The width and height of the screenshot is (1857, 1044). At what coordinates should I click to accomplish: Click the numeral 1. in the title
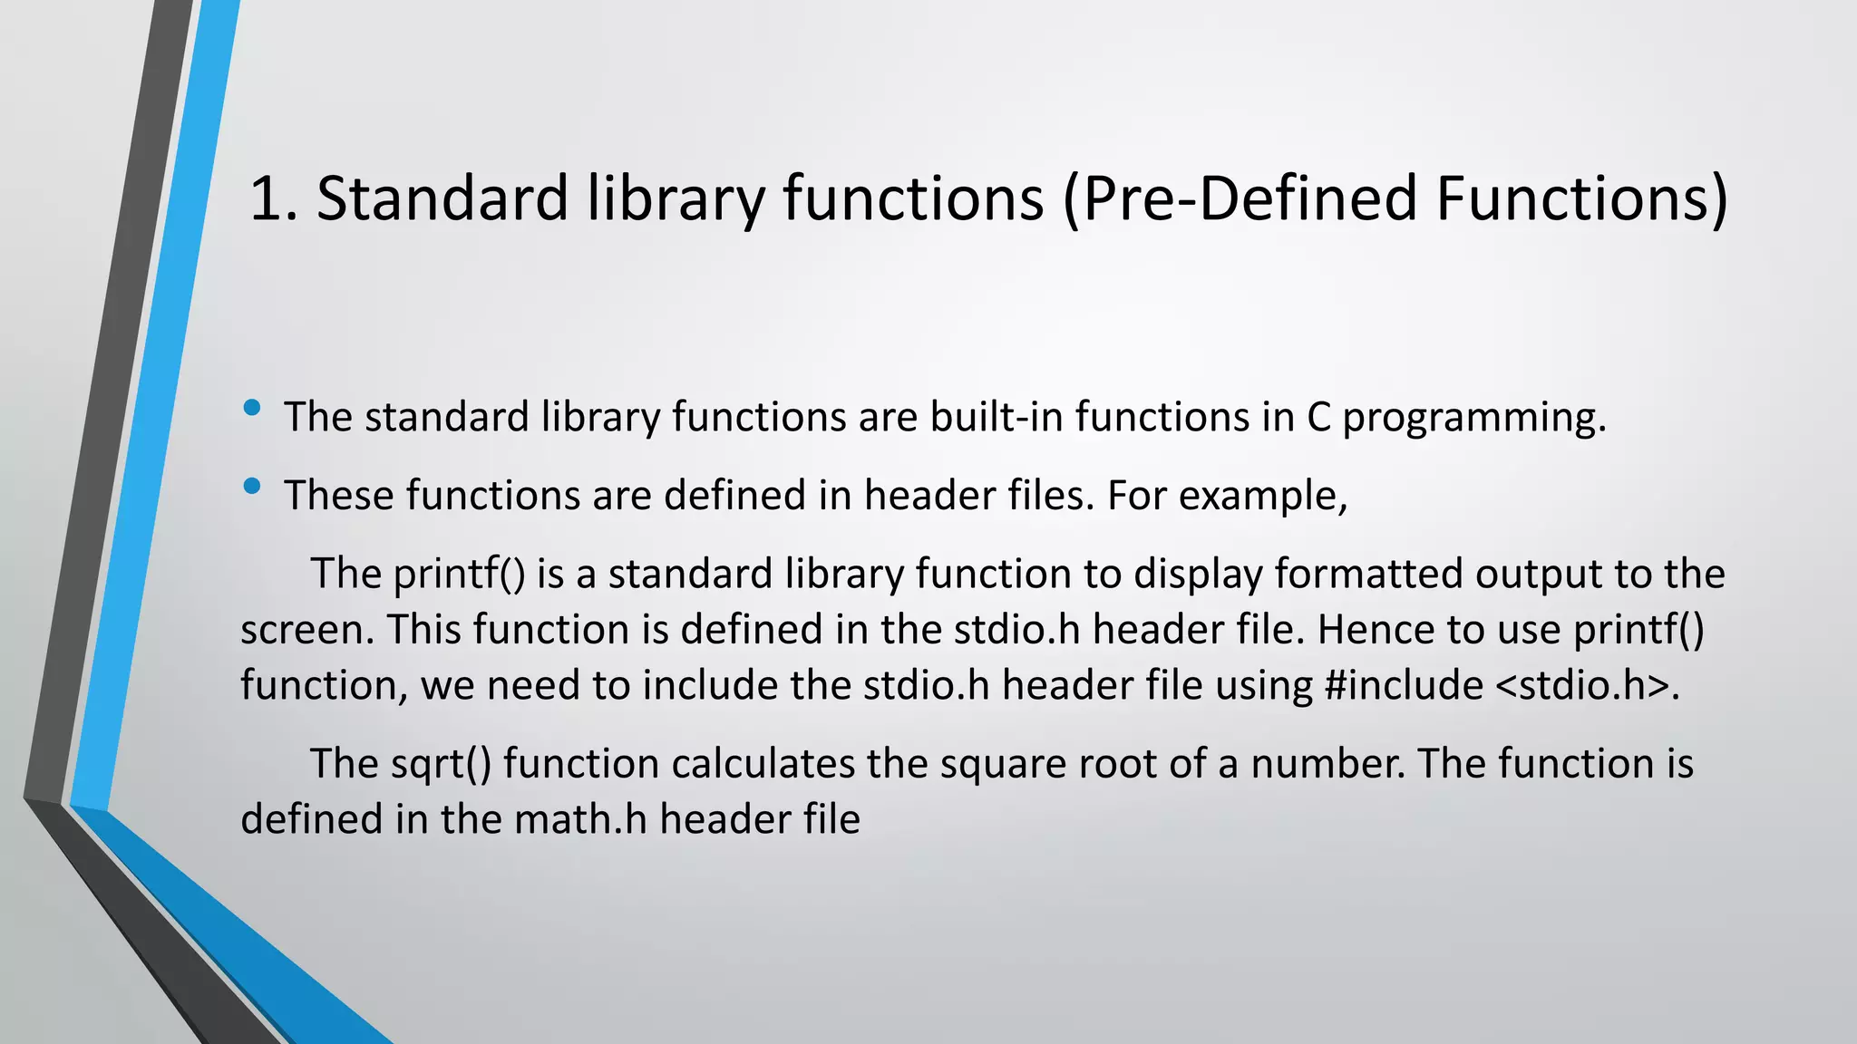pyautogui.click(x=273, y=198)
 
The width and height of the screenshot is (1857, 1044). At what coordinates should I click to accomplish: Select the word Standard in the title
pyautogui.click(x=442, y=198)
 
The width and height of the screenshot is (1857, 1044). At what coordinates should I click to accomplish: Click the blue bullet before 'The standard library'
pyautogui.click(x=253, y=409)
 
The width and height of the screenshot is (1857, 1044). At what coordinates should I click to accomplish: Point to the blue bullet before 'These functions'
pyautogui.click(x=253, y=488)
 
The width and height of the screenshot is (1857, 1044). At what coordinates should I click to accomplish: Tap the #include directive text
pyautogui.click(x=1404, y=685)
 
